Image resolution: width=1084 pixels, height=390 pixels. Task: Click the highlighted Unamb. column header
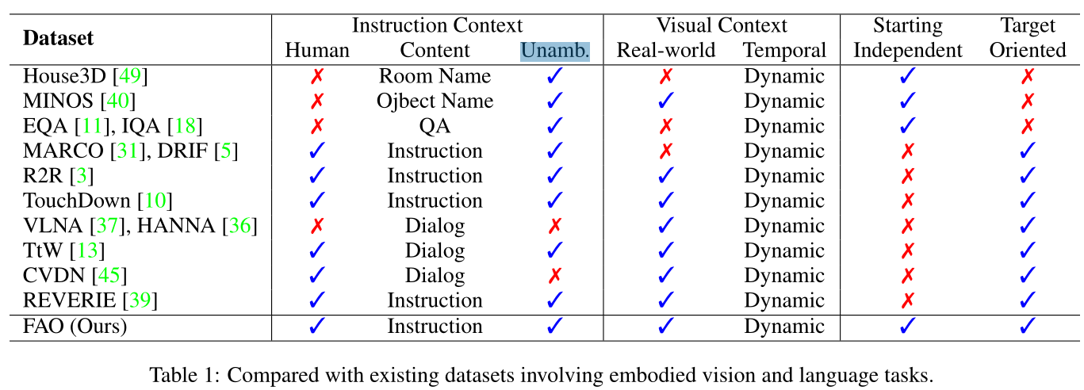[555, 51]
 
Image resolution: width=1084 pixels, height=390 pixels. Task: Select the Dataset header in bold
[58, 37]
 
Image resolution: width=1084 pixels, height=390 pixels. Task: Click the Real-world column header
[666, 51]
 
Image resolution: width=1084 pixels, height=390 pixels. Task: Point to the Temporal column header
[784, 51]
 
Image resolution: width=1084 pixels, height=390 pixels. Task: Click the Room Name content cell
[435, 76]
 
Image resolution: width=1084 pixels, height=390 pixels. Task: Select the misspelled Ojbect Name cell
[435, 101]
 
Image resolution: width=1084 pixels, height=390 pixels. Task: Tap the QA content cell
[435, 126]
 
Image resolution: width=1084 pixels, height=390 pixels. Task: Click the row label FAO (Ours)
[75, 326]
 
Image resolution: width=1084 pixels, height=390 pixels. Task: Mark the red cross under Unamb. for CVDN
[555, 276]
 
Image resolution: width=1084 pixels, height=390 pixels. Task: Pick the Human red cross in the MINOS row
[317, 101]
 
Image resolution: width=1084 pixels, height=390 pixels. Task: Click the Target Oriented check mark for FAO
[1028, 326]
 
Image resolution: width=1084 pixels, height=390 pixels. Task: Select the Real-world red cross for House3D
[666, 76]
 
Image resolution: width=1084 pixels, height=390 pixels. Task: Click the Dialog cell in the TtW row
[435, 250]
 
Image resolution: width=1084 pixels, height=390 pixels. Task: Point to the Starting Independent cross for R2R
[908, 176]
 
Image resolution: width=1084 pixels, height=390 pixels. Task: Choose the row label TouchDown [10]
[98, 201]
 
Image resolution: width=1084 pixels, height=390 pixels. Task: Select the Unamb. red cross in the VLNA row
[555, 226]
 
